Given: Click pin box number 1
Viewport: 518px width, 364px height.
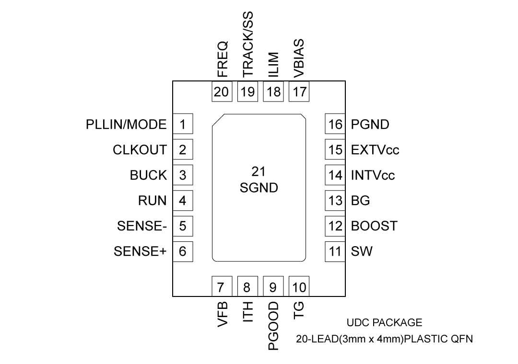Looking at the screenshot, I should pos(182,125).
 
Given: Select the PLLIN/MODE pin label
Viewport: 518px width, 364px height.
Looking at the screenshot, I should pos(127,125).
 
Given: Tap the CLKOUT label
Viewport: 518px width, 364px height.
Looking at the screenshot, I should pos(140,150).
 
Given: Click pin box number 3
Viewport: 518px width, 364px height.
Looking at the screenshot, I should pos(182,175).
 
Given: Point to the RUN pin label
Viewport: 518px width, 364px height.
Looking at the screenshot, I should pos(153,201).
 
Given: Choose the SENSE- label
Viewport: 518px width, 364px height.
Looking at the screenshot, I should pos(141,226).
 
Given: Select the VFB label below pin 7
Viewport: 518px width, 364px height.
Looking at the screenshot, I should pos(222,315).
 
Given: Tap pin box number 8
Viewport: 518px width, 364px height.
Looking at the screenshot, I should pos(247,287).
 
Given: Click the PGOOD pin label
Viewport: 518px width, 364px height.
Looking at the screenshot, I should pos(273,327).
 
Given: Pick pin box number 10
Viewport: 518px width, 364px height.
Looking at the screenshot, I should pos(299,287).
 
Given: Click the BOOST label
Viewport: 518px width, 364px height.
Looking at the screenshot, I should pos(374,226).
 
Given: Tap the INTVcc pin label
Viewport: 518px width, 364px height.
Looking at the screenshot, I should pos(373,175).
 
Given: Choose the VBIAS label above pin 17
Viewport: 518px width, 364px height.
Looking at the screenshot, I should pos(299,59).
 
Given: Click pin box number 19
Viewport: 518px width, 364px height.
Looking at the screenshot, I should pos(247,91).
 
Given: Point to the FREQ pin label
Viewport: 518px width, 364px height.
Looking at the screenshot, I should pos(222,60).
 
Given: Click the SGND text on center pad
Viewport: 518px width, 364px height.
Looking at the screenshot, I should pos(259,188).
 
